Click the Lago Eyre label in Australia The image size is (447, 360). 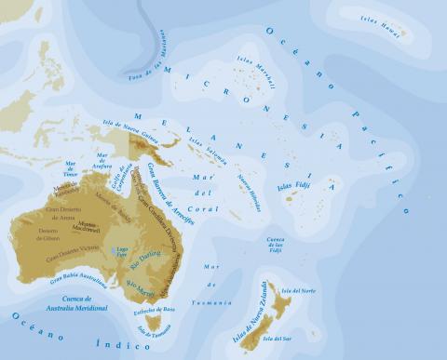click(119, 250)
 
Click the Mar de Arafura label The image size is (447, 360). click(102, 160)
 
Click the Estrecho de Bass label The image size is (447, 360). click(155, 305)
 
